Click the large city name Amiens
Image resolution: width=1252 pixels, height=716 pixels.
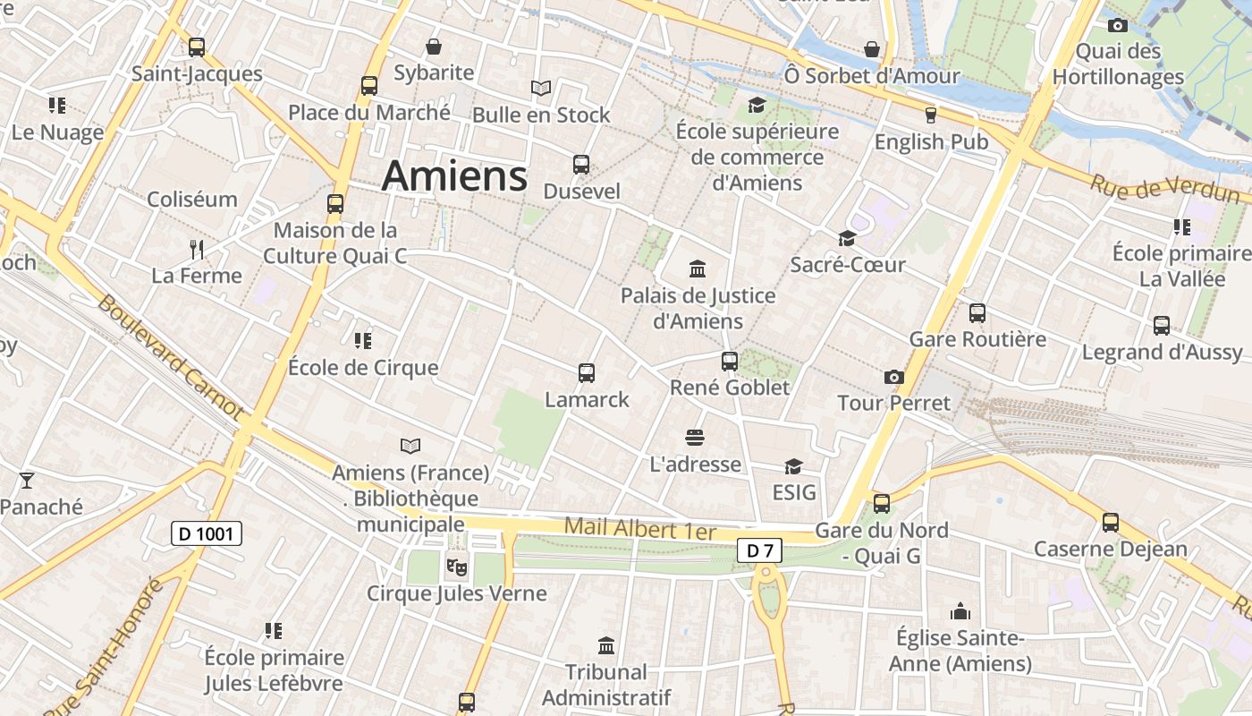pos(454,176)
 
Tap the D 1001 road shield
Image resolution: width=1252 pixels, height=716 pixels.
pos(206,534)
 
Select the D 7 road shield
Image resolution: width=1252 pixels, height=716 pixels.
pos(759,550)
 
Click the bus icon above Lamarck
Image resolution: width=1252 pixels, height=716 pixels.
pos(587,373)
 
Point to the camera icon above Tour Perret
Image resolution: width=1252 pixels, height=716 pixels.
pos(893,377)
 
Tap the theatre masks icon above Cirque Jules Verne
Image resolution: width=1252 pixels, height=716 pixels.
pos(456,567)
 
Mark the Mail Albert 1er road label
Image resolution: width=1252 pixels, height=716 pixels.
pos(640,528)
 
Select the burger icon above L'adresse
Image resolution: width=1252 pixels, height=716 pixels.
pos(695,438)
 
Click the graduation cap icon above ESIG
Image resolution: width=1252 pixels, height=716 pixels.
pos(793,466)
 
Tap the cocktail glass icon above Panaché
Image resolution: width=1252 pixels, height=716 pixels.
pos(27,481)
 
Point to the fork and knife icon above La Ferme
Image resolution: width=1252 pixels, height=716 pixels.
pos(197,249)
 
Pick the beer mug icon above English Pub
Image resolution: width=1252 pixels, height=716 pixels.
pos(930,115)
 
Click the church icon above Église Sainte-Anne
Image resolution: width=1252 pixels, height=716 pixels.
pos(960,612)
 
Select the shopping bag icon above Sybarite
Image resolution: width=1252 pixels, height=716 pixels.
pos(434,47)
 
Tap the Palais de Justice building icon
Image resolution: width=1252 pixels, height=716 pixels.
pos(698,268)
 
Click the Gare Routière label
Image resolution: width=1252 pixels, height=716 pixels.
pos(977,339)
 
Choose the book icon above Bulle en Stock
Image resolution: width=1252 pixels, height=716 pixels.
pos(540,88)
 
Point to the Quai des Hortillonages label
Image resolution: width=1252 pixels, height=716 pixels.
pos(1118,64)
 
